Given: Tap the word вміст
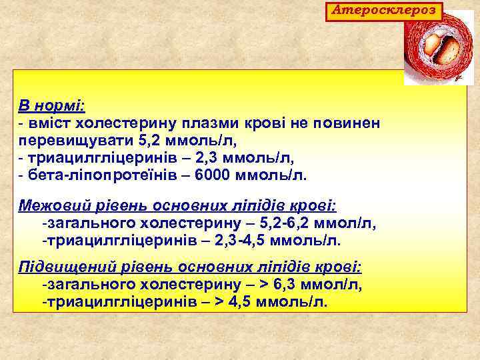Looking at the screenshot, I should (x=51, y=124).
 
